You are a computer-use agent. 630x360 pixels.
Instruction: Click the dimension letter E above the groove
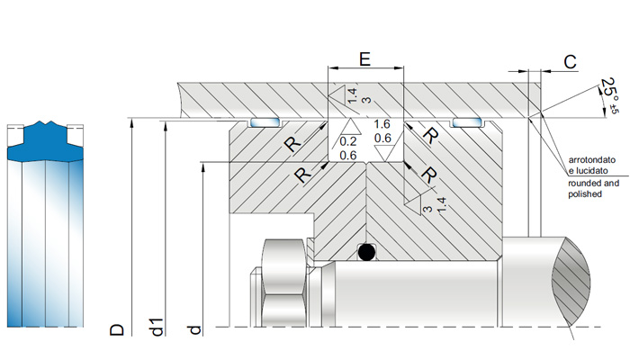(x=364, y=59)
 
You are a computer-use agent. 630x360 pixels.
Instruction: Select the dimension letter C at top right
(x=570, y=62)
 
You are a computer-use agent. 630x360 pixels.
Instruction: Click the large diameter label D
(x=117, y=330)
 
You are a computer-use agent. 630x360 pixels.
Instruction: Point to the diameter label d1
(x=157, y=327)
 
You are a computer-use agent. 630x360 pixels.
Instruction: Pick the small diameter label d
(x=194, y=330)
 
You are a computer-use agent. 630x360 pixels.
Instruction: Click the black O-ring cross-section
(x=366, y=252)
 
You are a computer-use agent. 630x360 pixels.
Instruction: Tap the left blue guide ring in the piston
(x=264, y=122)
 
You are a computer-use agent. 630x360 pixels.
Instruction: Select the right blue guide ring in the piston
(x=466, y=122)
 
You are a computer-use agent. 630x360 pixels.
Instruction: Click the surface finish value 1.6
(x=382, y=124)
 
